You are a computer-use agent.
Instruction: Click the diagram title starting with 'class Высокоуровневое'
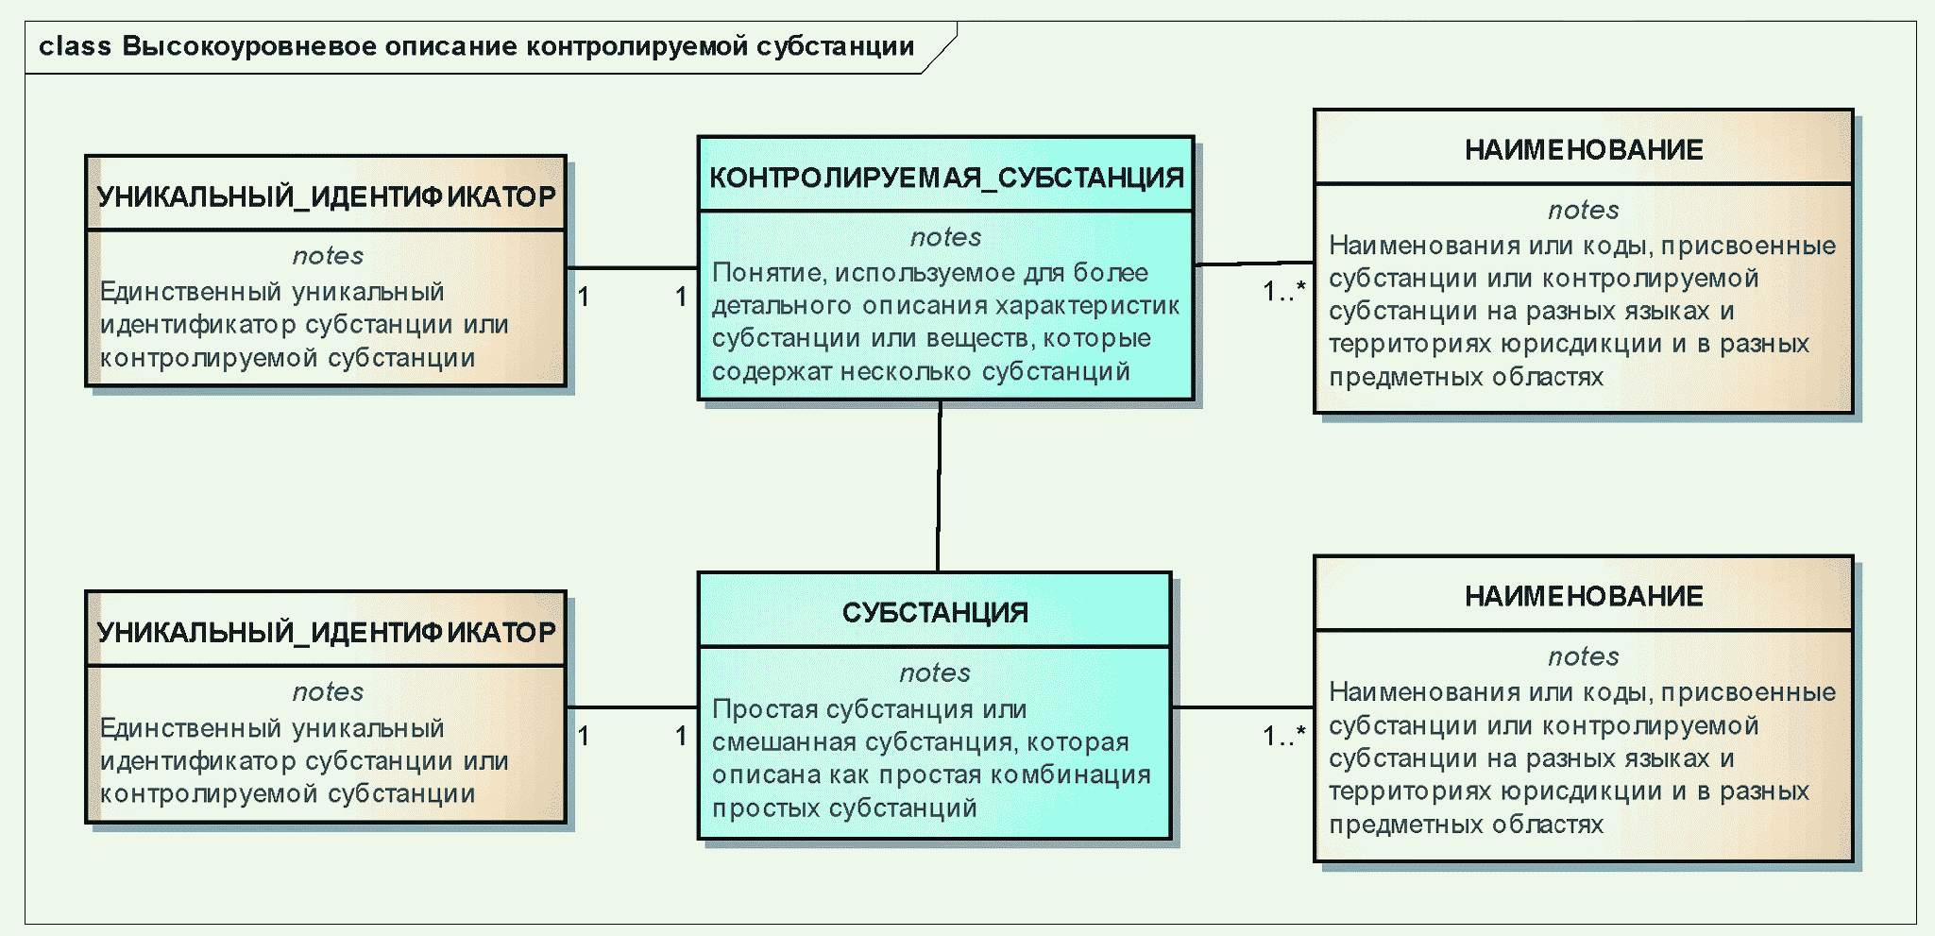click(476, 46)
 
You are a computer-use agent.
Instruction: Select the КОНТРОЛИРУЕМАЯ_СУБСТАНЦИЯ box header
click(945, 177)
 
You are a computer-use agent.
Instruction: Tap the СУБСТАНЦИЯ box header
click(935, 612)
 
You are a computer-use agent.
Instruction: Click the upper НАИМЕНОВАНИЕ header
click(1584, 149)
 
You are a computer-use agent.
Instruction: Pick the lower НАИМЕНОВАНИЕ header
click(1584, 596)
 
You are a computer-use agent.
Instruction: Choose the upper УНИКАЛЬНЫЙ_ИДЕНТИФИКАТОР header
click(327, 196)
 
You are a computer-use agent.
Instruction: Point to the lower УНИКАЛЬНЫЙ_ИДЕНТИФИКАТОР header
click(327, 632)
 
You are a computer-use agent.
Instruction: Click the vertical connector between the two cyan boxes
click(939, 486)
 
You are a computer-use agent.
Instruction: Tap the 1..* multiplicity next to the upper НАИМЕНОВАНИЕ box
click(1284, 291)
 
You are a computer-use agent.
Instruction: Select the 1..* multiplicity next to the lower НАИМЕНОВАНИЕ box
click(1284, 735)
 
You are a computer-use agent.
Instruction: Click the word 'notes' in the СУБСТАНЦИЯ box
click(935, 672)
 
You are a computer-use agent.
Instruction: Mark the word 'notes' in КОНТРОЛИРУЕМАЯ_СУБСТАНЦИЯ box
click(945, 237)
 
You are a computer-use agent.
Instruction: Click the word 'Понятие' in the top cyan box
click(768, 273)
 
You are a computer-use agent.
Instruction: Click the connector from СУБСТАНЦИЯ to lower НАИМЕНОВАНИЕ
click(1243, 706)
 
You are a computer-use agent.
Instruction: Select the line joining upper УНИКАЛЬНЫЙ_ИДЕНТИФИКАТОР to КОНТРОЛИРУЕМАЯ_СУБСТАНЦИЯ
click(632, 268)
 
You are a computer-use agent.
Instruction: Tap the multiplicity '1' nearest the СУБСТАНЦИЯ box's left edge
click(681, 735)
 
